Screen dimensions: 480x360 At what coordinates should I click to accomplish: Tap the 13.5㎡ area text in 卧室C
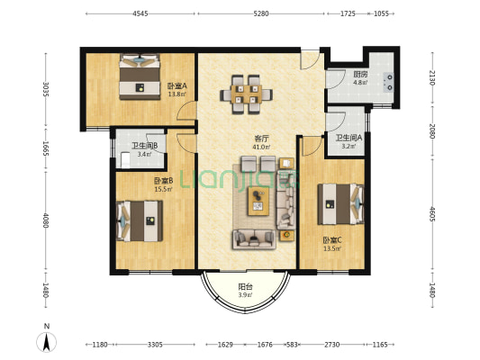(x=332, y=248)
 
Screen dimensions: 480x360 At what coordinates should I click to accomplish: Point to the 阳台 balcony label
(x=246, y=287)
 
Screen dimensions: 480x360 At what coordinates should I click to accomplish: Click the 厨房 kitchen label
(x=360, y=75)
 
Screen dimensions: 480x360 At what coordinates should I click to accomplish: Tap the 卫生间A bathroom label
(x=349, y=138)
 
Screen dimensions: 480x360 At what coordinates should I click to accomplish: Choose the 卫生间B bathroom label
(x=144, y=146)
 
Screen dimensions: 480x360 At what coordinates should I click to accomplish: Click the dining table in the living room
(x=246, y=94)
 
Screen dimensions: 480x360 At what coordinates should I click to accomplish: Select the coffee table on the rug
(x=258, y=201)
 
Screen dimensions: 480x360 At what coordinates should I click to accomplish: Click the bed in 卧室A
(x=140, y=76)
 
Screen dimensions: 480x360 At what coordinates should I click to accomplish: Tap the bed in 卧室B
(x=140, y=220)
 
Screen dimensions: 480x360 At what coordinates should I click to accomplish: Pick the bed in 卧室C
(x=340, y=204)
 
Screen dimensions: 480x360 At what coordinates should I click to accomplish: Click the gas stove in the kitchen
(x=388, y=82)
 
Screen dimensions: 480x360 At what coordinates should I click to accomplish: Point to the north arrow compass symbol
(x=47, y=342)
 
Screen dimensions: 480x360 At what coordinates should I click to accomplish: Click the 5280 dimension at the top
(x=261, y=13)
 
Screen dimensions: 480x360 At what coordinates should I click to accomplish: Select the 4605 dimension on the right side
(x=432, y=214)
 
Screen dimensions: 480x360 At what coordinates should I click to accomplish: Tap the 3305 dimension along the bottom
(x=155, y=345)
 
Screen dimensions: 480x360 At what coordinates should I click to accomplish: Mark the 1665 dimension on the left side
(x=46, y=148)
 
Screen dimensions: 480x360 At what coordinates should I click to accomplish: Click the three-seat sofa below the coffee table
(x=254, y=239)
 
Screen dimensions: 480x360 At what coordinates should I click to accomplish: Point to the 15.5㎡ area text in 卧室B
(x=163, y=189)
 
